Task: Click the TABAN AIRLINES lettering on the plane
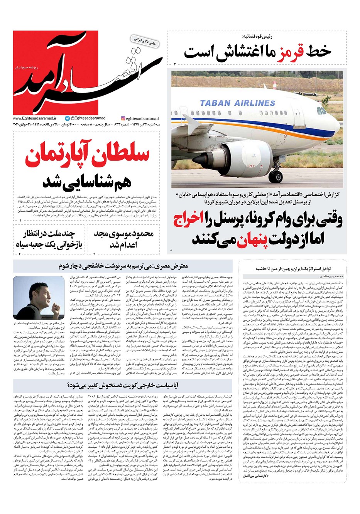pos(237,103)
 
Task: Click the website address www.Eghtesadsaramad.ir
pos(34,119)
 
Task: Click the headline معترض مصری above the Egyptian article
pos(123,266)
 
